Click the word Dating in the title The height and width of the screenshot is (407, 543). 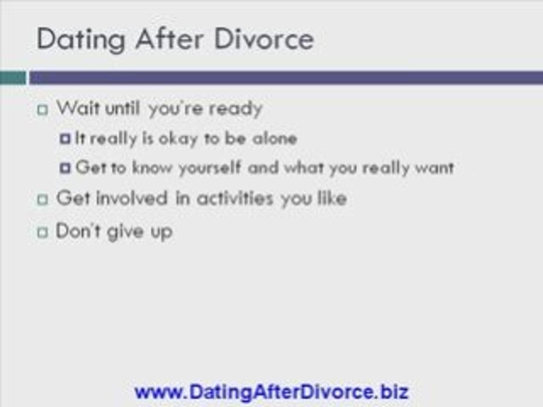click(x=81, y=40)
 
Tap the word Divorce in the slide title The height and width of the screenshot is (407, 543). click(x=264, y=38)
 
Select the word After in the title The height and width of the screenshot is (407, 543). click(x=169, y=38)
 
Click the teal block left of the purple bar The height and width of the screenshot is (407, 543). click(x=13, y=78)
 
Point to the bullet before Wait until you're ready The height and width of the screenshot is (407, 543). click(x=43, y=109)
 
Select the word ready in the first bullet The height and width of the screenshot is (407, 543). click(x=235, y=109)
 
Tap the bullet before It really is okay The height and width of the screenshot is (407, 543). click(x=65, y=139)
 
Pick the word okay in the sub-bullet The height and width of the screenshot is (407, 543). click(x=178, y=139)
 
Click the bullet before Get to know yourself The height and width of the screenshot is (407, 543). click(x=65, y=168)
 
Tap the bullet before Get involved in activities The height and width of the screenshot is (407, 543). click(x=43, y=199)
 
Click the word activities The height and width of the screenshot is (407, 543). click(x=235, y=198)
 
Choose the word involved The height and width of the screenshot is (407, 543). click(x=132, y=198)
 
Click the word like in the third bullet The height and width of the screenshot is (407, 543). click(x=332, y=198)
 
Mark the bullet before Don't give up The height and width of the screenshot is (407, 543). click(x=43, y=232)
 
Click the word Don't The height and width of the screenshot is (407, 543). click(x=78, y=231)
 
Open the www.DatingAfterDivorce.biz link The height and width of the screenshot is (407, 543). click(x=271, y=392)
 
